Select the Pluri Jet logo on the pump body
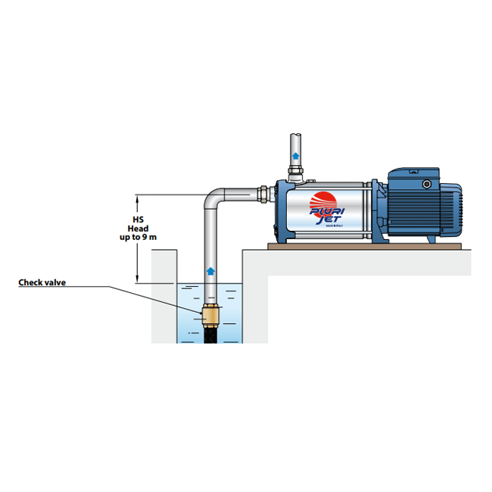(327, 209)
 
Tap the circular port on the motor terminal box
(427, 183)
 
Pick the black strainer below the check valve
(211, 333)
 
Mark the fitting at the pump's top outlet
(295, 176)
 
